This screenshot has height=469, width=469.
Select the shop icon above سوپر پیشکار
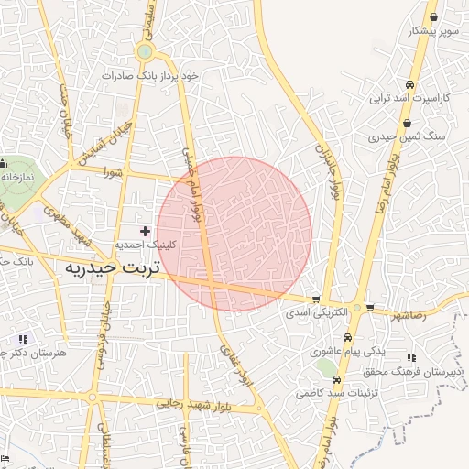click(433, 17)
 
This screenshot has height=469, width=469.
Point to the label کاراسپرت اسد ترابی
click(410, 98)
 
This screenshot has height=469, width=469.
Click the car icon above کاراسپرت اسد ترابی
click(409, 85)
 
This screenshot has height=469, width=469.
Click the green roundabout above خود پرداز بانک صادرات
click(144, 52)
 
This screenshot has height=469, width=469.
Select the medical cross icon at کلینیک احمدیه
click(144, 231)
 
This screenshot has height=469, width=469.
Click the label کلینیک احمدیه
click(145, 245)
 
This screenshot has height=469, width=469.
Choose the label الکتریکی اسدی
click(316, 312)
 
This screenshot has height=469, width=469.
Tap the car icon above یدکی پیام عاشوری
click(339, 337)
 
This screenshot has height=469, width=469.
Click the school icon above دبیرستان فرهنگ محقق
click(410, 356)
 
